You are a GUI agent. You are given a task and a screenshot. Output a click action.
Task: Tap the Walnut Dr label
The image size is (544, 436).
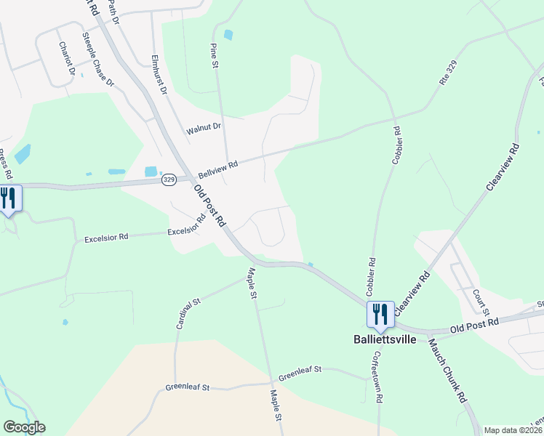click(x=203, y=128)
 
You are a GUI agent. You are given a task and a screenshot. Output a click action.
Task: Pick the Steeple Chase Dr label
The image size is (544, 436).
click(x=98, y=59)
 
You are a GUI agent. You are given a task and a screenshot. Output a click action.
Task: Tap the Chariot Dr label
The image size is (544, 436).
click(x=67, y=58)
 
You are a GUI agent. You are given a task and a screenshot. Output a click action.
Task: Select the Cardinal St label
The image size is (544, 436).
click(x=188, y=313)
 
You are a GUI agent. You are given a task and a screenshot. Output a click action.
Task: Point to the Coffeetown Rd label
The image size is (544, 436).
click(x=378, y=369)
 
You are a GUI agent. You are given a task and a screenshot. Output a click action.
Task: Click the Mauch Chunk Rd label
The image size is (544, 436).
click(x=447, y=371)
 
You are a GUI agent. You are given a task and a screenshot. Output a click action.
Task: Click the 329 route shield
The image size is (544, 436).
click(x=169, y=179)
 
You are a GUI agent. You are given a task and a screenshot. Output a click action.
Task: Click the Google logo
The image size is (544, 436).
click(x=24, y=427)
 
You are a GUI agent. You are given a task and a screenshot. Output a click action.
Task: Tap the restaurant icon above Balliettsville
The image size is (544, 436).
click(x=380, y=315)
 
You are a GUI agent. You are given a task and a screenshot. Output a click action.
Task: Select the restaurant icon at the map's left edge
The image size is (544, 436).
click(x=8, y=198)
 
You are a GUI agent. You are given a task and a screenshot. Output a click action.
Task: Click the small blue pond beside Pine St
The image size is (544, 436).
click(x=229, y=34)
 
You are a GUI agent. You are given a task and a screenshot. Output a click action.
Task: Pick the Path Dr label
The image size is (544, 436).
click(x=113, y=10)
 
